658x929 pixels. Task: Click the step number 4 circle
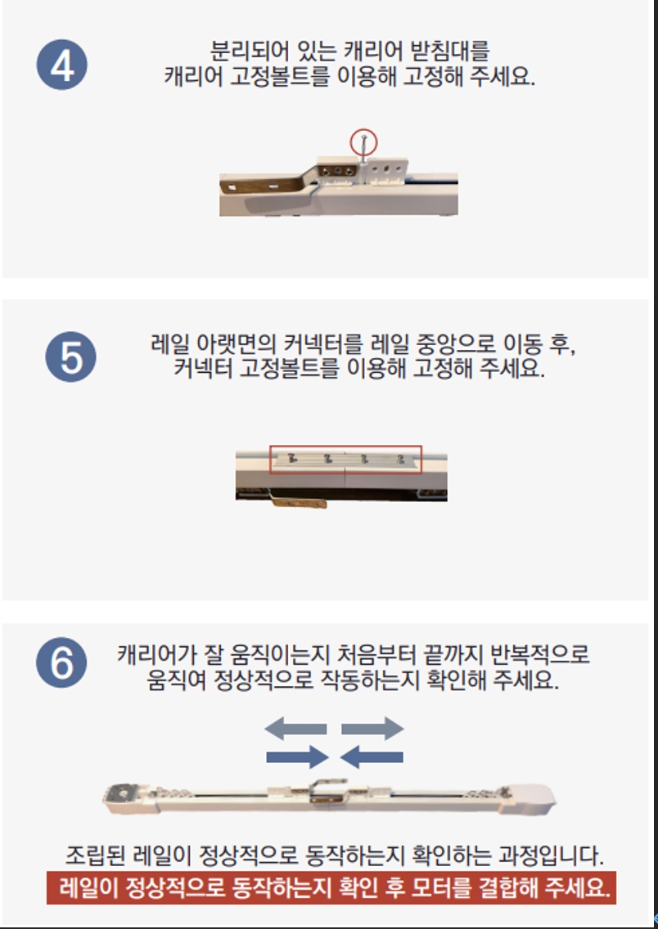[x=61, y=65]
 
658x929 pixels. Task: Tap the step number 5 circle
[x=70, y=357]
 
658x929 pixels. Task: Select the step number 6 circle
[x=61, y=662]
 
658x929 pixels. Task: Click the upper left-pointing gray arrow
[x=295, y=728]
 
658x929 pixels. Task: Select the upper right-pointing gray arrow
[x=373, y=728]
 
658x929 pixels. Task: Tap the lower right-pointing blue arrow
[x=298, y=756]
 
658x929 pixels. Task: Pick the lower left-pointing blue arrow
[x=372, y=756]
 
